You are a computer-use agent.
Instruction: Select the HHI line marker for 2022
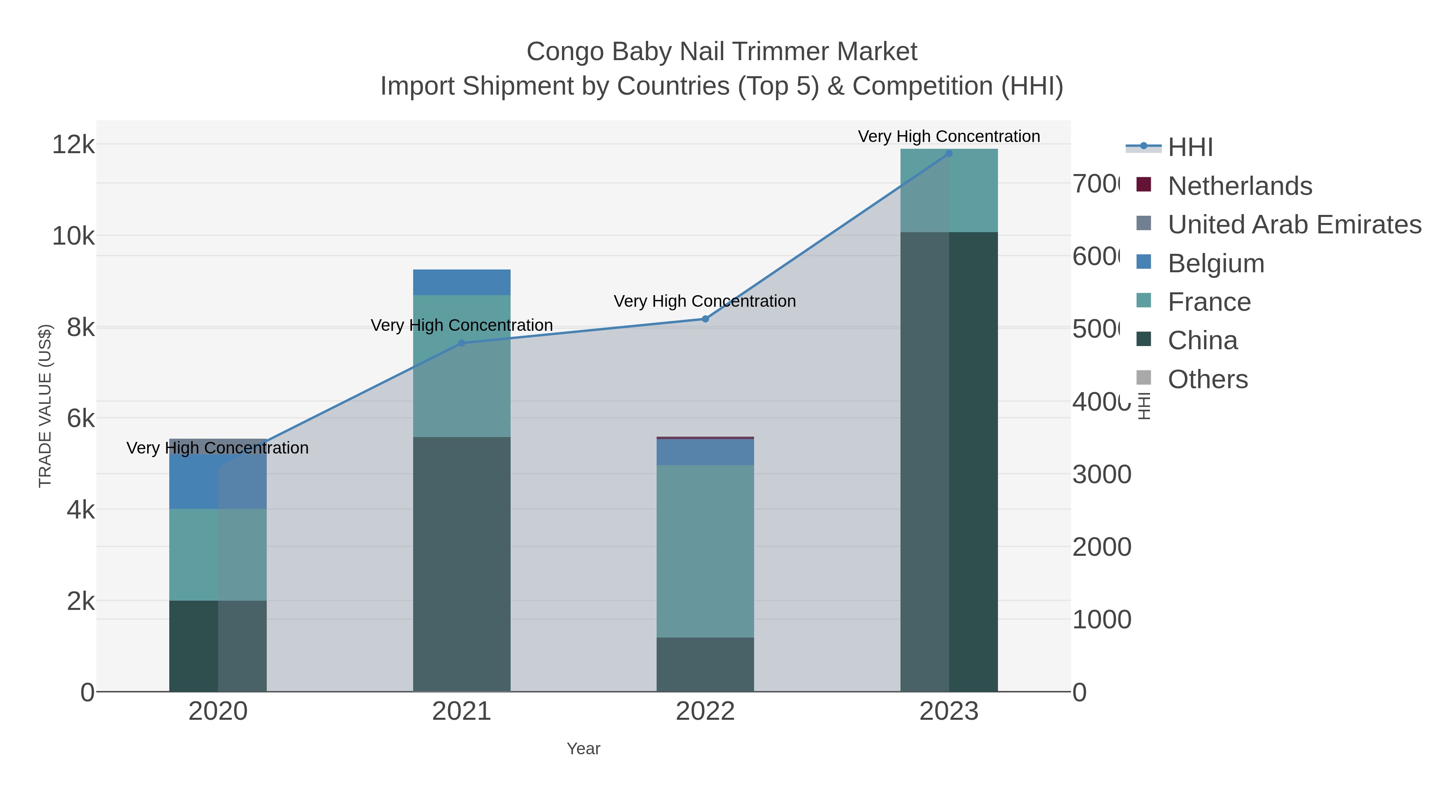(x=705, y=319)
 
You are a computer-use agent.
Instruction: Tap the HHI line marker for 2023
(x=949, y=153)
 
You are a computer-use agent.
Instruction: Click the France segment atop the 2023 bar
(x=949, y=190)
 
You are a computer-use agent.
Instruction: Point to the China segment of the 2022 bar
(x=705, y=664)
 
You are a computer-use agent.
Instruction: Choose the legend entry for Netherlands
(x=1239, y=186)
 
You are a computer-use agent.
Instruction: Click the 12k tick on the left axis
(x=73, y=145)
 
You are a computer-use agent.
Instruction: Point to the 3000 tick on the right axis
(x=1101, y=475)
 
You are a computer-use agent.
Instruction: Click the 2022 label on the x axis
(x=705, y=711)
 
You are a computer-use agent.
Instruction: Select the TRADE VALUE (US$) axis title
(x=45, y=406)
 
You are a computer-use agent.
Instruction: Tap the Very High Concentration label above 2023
(x=949, y=136)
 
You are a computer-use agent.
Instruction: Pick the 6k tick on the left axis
(x=80, y=418)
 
